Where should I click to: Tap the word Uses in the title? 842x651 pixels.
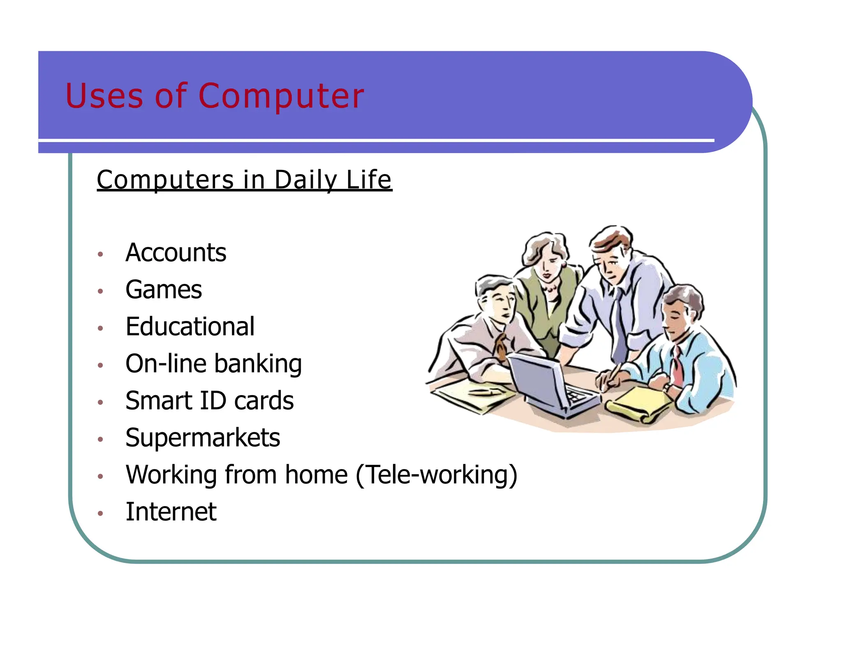coord(104,96)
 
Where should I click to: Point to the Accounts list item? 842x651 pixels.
coord(176,253)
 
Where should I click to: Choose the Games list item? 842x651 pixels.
coord(164,290)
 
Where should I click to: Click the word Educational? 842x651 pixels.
coord(190,327)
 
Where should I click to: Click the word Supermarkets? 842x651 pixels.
coord(203,438)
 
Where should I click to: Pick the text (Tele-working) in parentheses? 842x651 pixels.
coord(436,475)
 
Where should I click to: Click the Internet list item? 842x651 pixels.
coord(171,512)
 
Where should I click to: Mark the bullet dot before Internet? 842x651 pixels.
coord(100,513)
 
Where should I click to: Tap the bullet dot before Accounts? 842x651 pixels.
coord(100,254)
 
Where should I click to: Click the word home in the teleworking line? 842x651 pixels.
coord(316,475)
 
